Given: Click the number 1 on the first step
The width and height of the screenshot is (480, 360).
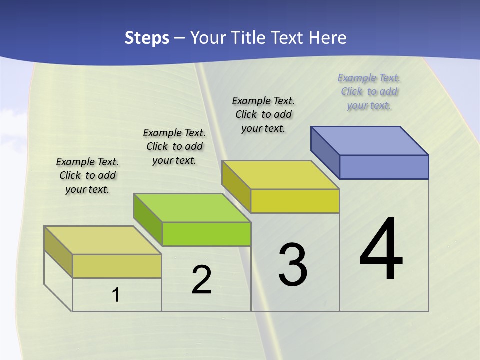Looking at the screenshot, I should (116, 295).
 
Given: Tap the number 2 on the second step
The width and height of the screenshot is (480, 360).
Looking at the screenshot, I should (201, 280).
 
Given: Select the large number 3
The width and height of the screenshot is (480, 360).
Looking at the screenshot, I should (292, 265).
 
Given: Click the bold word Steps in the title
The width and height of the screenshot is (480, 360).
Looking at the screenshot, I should (147, 38).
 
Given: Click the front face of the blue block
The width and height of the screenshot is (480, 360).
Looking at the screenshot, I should (384, 167).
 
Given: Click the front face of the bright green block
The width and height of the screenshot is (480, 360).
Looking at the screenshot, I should (206, 234).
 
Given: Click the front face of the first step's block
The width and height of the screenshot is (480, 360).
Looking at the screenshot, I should (117, 266).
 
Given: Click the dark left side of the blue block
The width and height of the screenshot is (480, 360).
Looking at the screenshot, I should (325, 152).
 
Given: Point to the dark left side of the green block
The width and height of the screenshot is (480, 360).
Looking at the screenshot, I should (147, 219).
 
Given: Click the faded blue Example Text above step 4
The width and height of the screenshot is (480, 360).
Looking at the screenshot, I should (369, 91).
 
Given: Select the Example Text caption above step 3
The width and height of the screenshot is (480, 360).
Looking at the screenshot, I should (263, 114).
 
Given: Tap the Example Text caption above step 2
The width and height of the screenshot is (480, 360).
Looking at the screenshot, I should (174, 146).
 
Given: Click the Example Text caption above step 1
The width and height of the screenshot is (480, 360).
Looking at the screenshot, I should (87, 175).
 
